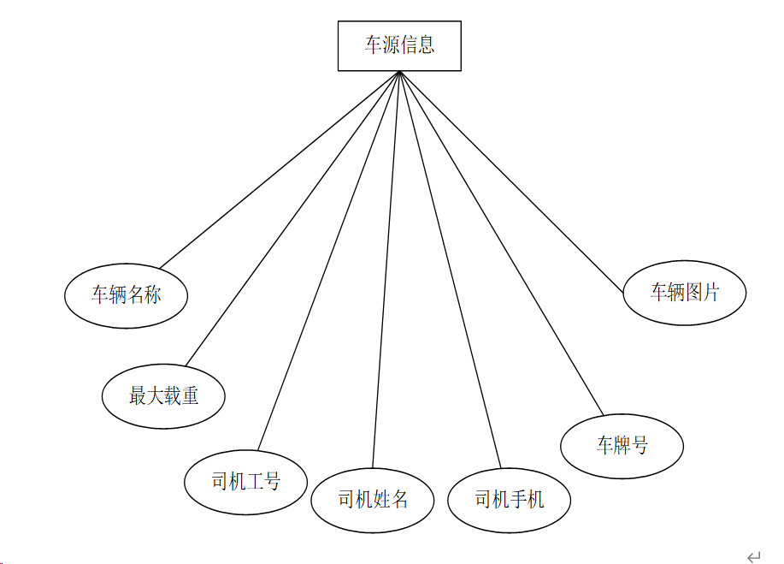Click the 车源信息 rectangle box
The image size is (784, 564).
399,45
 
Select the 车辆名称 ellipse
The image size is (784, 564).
126,295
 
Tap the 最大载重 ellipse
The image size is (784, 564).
163,395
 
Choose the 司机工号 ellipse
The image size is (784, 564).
245,482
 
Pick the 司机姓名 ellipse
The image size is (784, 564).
372,500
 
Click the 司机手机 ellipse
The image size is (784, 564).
509,500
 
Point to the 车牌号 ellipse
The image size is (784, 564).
622,446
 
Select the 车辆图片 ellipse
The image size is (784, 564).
685,293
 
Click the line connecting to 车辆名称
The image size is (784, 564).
280,169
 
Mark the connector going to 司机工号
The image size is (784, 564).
328,260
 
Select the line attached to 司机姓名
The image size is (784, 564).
386,270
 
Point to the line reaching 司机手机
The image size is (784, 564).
450,270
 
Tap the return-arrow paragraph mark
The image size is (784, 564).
753,556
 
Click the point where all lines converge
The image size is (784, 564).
399,72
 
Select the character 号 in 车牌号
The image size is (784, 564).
639,446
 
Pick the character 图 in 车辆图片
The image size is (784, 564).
693,293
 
